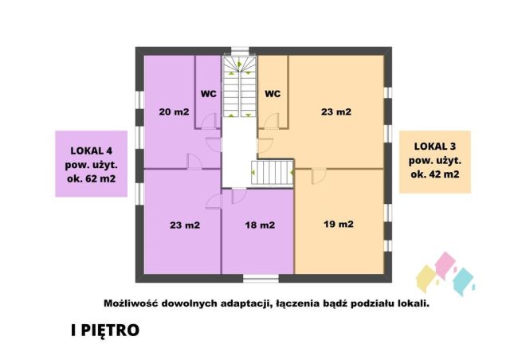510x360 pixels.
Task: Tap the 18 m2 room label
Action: tap(260, 225)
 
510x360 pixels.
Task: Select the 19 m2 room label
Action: tap(339, 225)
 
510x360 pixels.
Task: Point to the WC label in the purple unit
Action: tap(209, 93)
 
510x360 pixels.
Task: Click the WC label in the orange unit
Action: tap(273, 93)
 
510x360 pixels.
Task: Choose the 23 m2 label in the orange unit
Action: tap(335, 112)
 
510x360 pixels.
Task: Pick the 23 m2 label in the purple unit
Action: tap(184, 225)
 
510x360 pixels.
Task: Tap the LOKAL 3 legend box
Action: tap(435, 162)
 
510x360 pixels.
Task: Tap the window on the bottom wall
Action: tap(261, 278)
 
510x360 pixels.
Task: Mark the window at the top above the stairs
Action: tap(240, 50)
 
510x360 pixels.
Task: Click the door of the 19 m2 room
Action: tap(319, 174)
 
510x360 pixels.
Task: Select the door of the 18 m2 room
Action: tap(237, 195)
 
